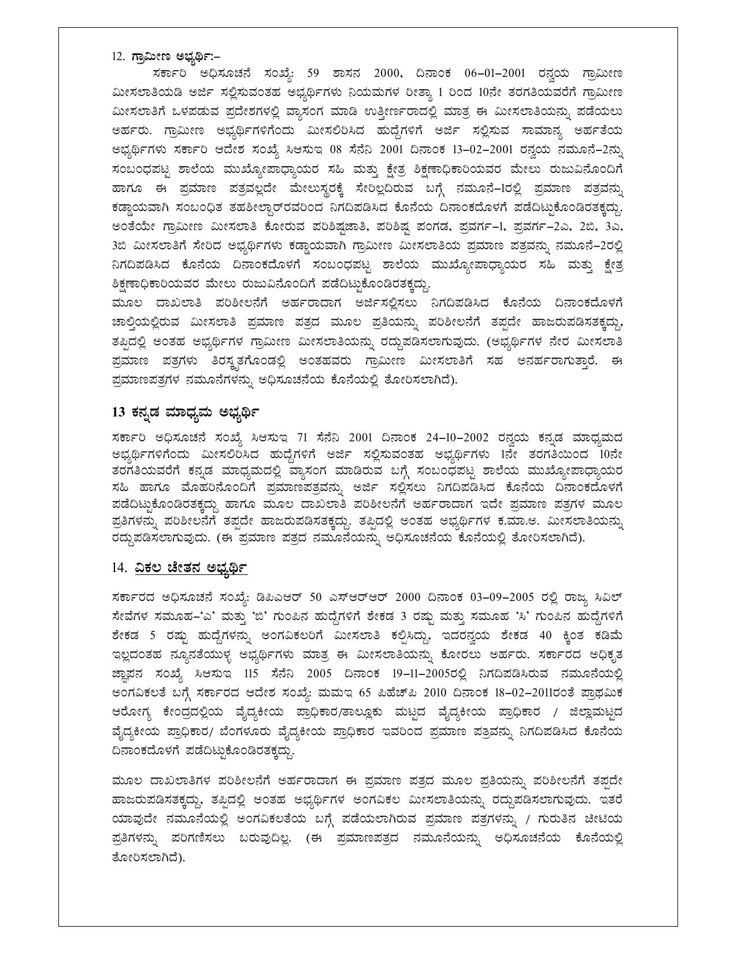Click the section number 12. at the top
click(x=118, y=56)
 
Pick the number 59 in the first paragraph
click(x=313, y=73)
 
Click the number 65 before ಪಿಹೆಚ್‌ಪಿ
click(x=364, y=692)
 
